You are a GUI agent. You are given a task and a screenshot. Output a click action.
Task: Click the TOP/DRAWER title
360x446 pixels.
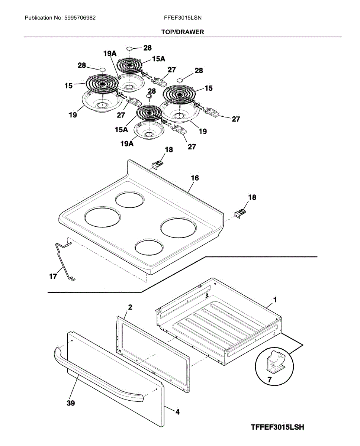[182, 32]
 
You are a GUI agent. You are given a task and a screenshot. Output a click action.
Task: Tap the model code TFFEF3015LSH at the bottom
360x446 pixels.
[277, 427]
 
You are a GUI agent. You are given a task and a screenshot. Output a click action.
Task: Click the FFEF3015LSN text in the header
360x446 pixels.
[183, 17]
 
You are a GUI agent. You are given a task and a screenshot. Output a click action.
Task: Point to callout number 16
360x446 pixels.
[195, 178]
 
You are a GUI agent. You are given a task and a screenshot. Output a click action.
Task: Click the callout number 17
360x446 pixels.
[53, 277]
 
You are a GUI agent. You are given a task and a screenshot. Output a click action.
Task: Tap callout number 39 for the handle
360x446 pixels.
[70, 403]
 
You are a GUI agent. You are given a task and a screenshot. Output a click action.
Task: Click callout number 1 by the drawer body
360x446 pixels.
[275, 300]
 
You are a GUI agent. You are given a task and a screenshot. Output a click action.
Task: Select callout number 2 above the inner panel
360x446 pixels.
[130, 307]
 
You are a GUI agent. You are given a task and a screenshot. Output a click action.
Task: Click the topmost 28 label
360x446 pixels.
[148, 48]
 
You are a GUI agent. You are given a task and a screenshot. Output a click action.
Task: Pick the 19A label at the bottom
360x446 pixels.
[127, 144]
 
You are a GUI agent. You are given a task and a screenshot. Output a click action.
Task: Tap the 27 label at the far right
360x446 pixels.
[236, 119]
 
